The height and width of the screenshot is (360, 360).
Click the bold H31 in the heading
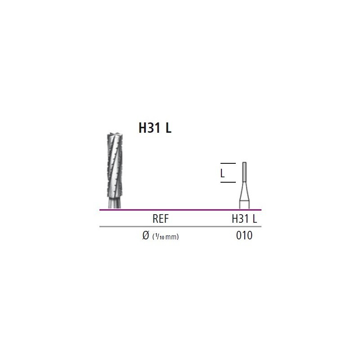[149, 128]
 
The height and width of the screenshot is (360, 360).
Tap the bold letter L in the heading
[168, 128]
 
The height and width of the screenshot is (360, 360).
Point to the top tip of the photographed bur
[115, 133]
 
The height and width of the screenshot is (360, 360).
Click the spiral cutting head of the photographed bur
[115, 165]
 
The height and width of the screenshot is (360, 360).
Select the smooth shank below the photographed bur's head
[115, 203]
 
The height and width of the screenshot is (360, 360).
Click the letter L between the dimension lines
[222, 173]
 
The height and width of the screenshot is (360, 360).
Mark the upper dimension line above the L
[228, 163]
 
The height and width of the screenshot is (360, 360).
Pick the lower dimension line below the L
[228, 182]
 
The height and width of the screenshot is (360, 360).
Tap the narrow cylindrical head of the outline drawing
[244, 172]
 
